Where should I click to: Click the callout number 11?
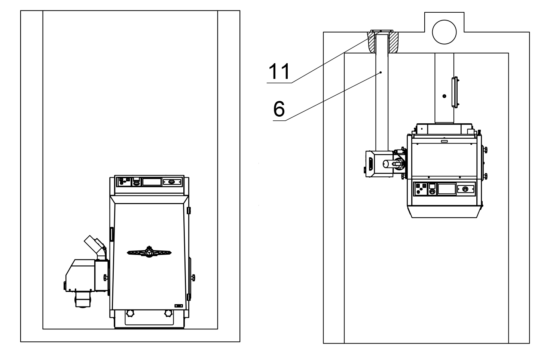pyautogui.click(x=279, y=72)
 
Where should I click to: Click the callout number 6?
pyautogui.click(x=279, y=109)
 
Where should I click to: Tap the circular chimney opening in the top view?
pyautogui.click(x=444, y=31)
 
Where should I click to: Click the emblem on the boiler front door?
pyautogui.click(x=149, y=252)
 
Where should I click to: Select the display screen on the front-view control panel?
pyautogui.click(x=152, y=182)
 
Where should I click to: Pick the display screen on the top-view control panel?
pyautogui.click(x=447, y=189)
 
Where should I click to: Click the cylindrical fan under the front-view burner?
pyautogui.click(x=83, y=299)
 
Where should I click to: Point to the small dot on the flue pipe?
pyautogui.click(x=444, y=96)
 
